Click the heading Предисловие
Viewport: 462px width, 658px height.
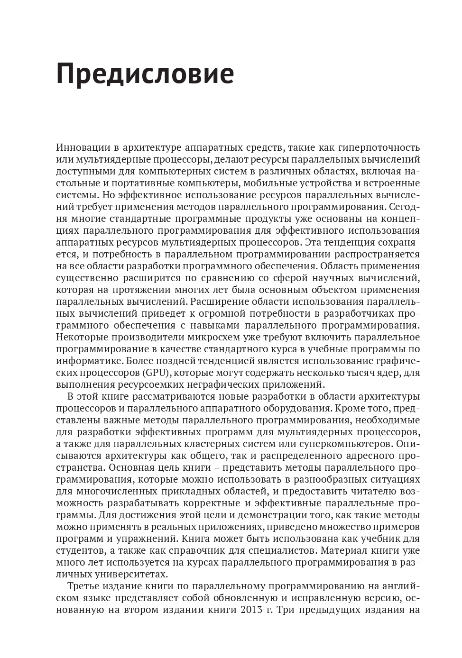pos(145,74)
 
